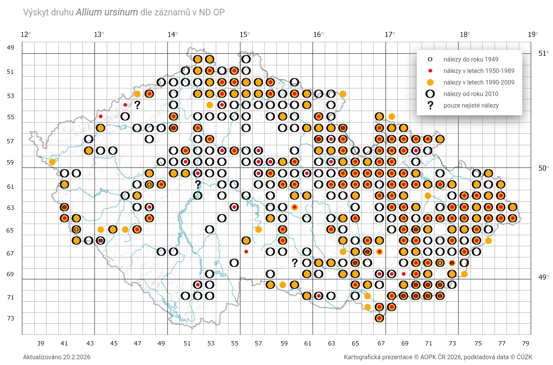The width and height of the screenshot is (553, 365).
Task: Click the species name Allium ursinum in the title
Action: point(107,12)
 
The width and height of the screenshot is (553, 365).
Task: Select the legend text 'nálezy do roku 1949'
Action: point(471,59)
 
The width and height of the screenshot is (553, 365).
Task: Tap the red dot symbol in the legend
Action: point(430,71)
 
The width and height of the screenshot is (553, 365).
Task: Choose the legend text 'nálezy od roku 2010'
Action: point(471,94)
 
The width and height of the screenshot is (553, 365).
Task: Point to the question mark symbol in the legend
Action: point(430,105)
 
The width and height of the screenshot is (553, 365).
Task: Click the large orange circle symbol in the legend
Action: point(430,82)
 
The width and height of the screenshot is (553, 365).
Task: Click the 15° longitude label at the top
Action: point(245,35)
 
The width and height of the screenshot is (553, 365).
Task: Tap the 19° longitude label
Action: point(533,35)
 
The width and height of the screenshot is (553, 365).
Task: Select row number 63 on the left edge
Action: point(10,208)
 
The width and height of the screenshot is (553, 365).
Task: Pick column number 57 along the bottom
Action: point(258,343)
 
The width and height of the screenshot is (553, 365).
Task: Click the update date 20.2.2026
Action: point(77,357)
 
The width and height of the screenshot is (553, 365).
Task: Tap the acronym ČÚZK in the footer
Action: point(524,357)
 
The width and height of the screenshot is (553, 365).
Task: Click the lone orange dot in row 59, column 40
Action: point(52,162)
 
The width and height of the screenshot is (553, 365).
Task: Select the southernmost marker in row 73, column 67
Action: point(379,318)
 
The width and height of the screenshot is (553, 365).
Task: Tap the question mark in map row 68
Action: point(295,263)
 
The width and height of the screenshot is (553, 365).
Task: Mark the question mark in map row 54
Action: point(137,105)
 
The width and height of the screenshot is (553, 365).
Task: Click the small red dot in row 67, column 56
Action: point(246,252)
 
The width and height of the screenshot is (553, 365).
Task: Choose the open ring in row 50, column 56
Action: point(246,59)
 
